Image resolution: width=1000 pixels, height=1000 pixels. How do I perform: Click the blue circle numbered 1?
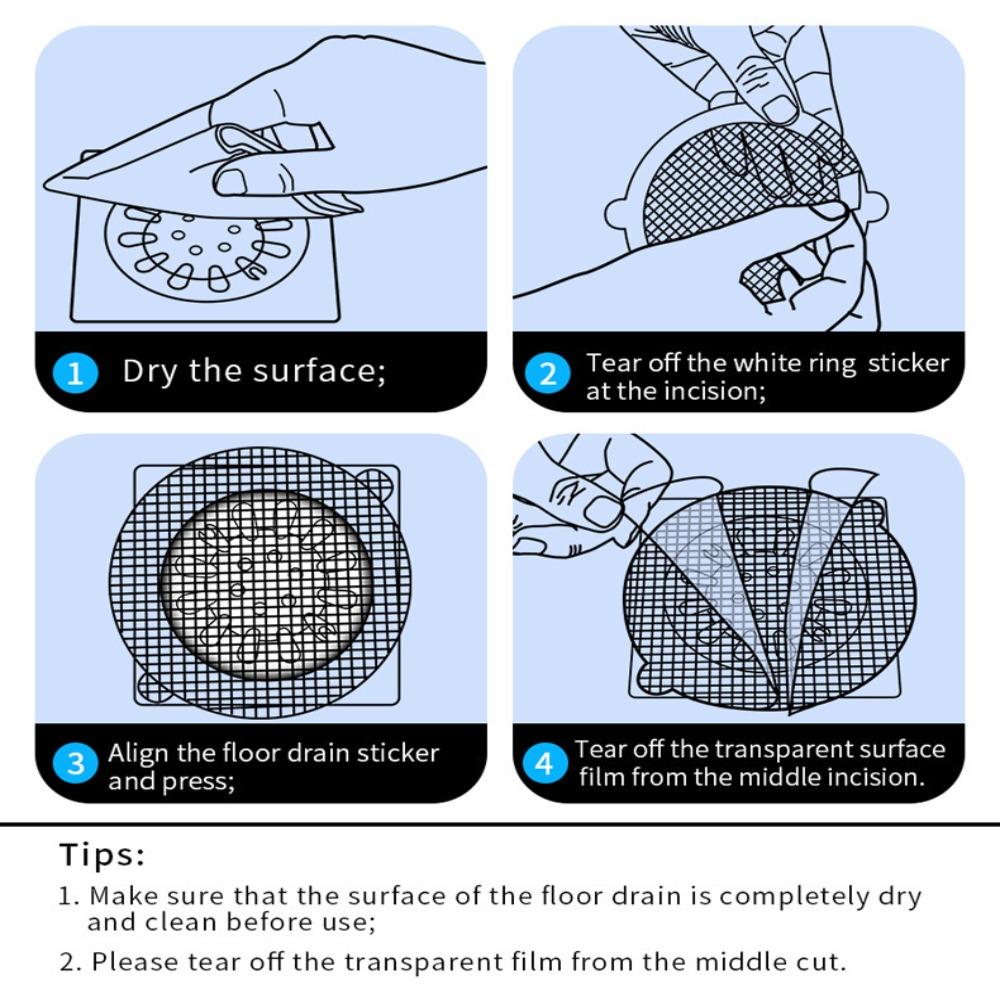click(x=75, y=373)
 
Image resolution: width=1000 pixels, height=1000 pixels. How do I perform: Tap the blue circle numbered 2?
click(x=547, y=373)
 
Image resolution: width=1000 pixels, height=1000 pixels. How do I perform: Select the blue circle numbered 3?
click(x=75, y=763)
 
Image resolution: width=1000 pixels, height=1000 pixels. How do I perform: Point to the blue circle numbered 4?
click(x=544, y=763)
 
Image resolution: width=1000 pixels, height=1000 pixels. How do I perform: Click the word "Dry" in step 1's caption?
click(x=150, y=371)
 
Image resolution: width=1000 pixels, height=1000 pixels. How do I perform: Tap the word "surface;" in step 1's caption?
click(x=320, y=371)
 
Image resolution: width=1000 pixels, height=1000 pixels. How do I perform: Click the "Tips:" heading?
click(x=102, y=854)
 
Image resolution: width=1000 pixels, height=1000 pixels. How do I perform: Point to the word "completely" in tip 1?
click(x=794, y=896)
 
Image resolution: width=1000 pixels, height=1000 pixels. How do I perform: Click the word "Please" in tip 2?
click(x=135, y=962)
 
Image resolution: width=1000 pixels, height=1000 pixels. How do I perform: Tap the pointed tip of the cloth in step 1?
click(x=45, y=185)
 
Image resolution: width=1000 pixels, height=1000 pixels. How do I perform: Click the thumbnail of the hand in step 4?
click(x=601, y=511)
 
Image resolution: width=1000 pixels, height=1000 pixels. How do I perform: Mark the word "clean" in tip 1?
click(x=181, y=922)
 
